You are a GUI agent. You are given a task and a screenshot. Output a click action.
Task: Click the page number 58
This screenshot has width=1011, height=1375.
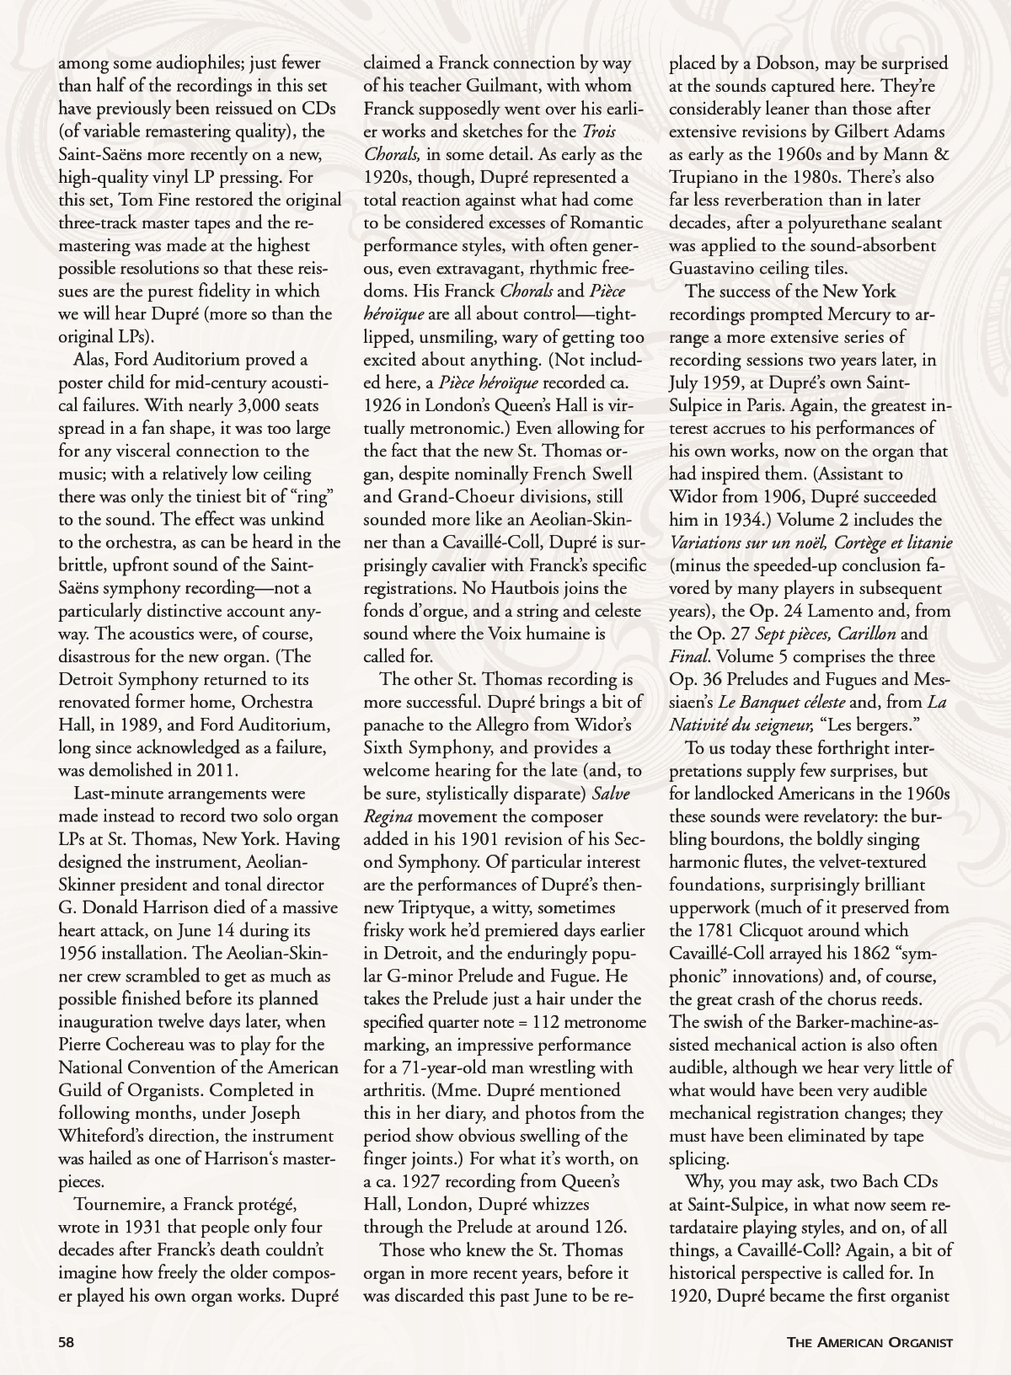(x=67, y=1342)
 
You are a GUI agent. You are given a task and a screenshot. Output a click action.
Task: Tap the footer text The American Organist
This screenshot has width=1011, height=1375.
(x=869, y=1342)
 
